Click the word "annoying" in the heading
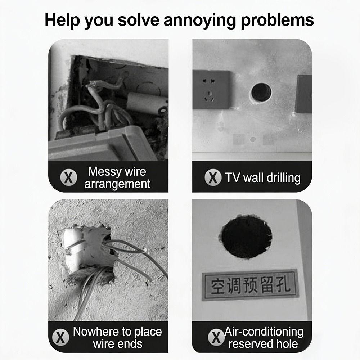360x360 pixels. point(199,21)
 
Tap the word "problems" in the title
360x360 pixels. point(277,20)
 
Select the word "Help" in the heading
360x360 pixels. point(62,20)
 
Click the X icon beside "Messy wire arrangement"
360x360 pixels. point(68,177)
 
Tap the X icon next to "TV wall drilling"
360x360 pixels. point(213,177)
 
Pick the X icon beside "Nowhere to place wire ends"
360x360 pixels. point(60,337)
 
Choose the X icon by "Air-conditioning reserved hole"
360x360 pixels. point(216,337)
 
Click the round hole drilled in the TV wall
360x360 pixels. point(261,93)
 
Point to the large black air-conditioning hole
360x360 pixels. point(246,237)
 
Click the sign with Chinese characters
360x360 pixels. point(250,285)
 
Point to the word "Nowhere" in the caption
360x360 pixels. point(96,332)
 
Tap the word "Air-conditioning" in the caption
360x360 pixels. point(264,332)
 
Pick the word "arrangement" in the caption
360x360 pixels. point(117,184)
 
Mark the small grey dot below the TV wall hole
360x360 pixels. point(253,139)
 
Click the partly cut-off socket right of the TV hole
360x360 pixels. point(304,94)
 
